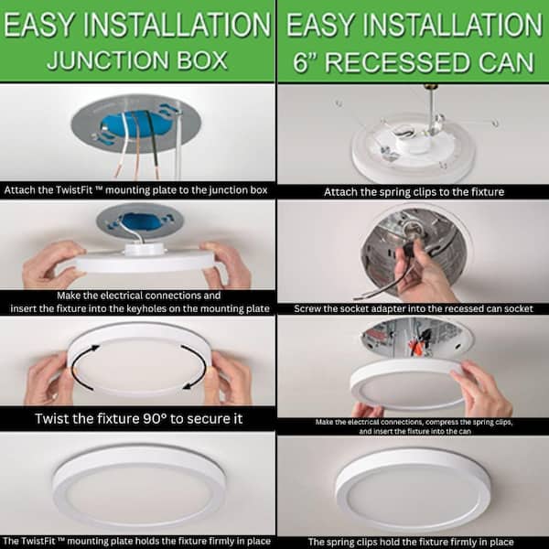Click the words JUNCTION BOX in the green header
point(137,62)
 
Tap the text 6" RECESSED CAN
point(413,62)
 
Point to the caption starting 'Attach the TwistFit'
point(137,191)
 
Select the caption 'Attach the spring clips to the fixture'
point(413,192)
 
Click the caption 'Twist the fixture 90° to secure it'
point(137,418)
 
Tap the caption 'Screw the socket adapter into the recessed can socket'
point(413,308)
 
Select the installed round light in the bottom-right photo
point(413,485)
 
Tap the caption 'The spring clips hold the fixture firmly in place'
point(413,542)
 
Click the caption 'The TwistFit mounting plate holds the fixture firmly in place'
point(137,542)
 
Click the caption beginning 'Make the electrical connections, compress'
point(413,425)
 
